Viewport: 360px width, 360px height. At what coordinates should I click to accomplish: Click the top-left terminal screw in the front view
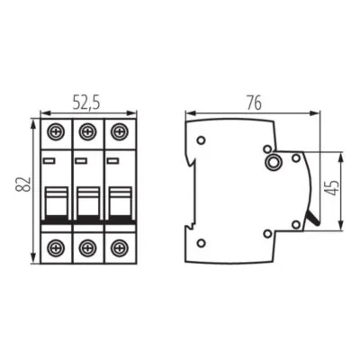point(56,130)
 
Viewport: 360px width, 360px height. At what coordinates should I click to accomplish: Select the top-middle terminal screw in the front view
point(86,130)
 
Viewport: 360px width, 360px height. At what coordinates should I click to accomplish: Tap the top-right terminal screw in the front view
point(117,130)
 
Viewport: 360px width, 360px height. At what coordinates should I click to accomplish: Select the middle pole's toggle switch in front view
point(86,202)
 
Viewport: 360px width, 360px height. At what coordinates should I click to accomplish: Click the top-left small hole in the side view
point(202,140)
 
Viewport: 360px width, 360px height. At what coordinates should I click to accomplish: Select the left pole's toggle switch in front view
point(56,202)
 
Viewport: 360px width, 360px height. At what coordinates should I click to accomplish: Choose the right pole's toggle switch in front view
point(117,202)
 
